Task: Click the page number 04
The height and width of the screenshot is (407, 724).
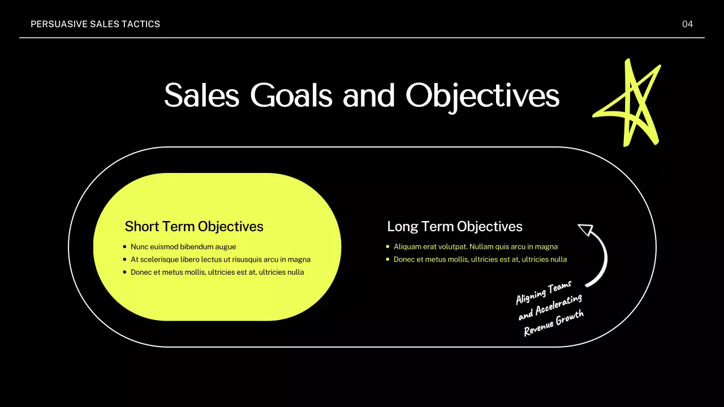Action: (687, 24)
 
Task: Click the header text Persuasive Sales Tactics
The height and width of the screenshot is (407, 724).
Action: (95, 24)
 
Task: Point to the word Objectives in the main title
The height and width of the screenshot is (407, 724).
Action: (482, 96)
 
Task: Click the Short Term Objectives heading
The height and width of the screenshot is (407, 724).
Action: (194, 227)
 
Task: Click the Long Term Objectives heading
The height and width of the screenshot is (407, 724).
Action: (455, 227)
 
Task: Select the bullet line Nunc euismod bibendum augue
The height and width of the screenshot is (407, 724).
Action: (183, 247)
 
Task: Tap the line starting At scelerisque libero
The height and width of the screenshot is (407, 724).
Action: (221, 259)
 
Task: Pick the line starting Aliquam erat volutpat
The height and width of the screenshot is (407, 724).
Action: (476, 247)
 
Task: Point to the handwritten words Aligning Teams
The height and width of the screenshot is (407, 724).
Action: (544, 292)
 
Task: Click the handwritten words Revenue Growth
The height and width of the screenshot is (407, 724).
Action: (553, 324)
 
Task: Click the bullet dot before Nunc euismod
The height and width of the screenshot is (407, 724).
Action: (124, 247)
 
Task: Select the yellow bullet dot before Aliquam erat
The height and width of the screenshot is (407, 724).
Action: (387, 247)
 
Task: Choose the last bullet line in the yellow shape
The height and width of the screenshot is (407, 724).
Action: (217, 272)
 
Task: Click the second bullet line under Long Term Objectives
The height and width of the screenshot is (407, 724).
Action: (480, 259)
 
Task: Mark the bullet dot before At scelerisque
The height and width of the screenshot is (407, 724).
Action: (124, 259)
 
